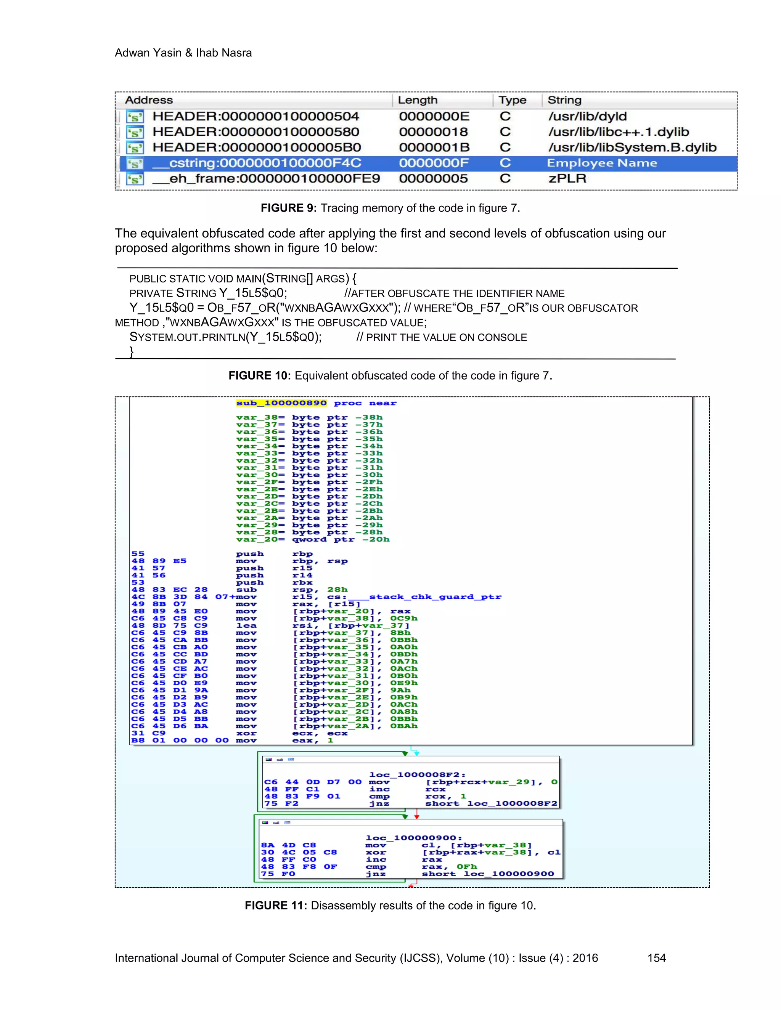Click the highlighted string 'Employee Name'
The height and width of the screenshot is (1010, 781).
point(601,163)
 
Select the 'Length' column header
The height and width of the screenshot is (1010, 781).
point(417,100)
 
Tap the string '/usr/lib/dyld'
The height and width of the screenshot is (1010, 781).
point(587,116)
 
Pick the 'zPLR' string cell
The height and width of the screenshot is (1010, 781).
point(567,178)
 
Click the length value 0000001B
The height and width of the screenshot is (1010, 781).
point(434,147)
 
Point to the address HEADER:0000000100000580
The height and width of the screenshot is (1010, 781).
point(256,132)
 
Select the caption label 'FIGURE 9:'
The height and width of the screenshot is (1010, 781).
point(288,208)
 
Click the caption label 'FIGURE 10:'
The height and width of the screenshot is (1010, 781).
point(259,375)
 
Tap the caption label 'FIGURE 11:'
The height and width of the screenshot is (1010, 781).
point(276,906)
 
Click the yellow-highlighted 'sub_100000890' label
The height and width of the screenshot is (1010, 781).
point(281,403)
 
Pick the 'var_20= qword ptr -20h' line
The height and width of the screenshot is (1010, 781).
point(313,539)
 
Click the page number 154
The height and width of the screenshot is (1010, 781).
point(656,958)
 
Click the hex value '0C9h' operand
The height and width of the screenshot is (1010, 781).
point(403,618)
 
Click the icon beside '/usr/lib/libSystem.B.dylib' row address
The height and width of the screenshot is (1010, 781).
point(135,148)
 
